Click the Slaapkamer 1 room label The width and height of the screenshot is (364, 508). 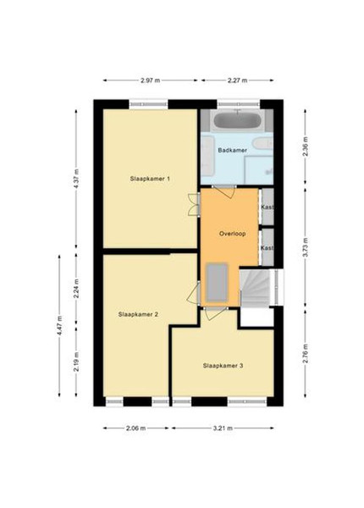[x=150, y=179]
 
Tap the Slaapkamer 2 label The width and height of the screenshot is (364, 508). [x=138, y=314]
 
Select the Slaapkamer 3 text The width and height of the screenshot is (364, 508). [x=223, y=366]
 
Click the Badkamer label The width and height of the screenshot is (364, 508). [x=233, y=151]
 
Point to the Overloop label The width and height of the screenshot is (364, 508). [x=232, y=234]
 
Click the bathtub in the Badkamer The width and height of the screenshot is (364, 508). [x=237, y=120]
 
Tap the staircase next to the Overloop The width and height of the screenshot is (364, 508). [x=255, y=287]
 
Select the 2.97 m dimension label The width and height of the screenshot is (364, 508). [x=151, y=80]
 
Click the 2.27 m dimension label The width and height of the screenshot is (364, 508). [x=237, y=80]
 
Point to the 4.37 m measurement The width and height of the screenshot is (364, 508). [x=76, y=179]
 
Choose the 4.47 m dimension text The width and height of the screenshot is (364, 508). [x=59, y=326]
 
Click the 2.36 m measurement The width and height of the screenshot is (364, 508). [x=306, y=147]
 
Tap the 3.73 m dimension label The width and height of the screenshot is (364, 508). [x=306, y=247]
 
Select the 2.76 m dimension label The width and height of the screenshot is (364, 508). [x=306, y=353]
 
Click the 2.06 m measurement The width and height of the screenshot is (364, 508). [x=136, y=428]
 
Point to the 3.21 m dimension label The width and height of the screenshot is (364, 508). [x=223, y=428]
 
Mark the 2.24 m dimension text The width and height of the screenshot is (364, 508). [x=76, y=289]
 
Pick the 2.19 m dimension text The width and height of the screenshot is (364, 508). [x=76, y=362]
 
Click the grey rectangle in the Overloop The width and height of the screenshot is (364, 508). [x=217, y=283]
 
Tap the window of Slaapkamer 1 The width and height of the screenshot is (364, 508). [x=149, y=104]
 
